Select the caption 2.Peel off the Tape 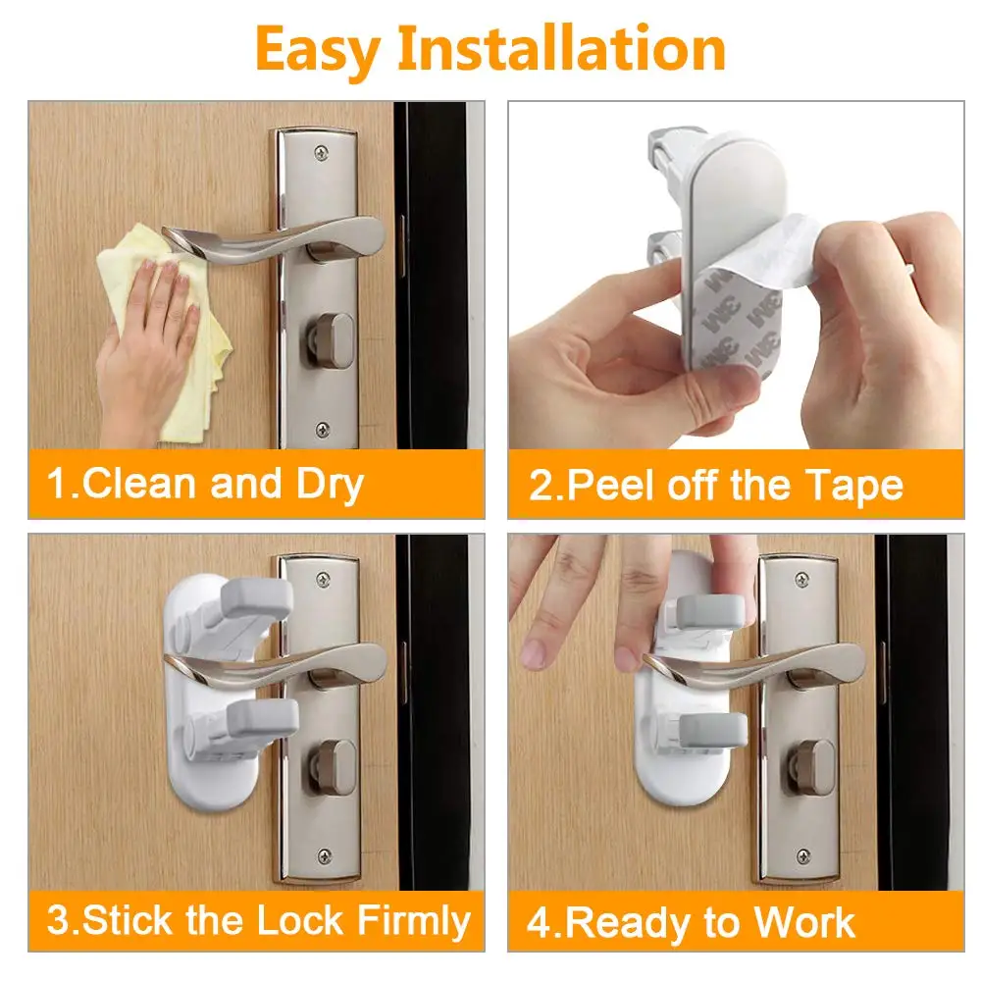pyautogui.click(x=716, y=486)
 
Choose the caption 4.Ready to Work pyautogui.click(x=692, y=922)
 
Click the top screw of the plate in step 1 pyautogui.click(x=322, y=153)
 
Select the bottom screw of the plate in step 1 pyautogui.click(x=322, y=429)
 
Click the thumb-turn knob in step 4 pyautogui.click(x=809, y=760)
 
